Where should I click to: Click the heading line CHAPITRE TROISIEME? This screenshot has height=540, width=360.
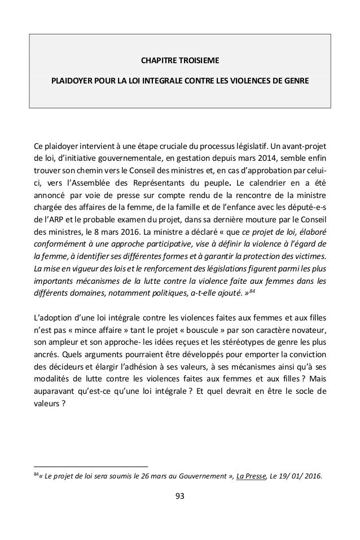(x=180, y=59)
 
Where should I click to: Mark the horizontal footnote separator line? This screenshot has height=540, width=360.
(x=90, y=467)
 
